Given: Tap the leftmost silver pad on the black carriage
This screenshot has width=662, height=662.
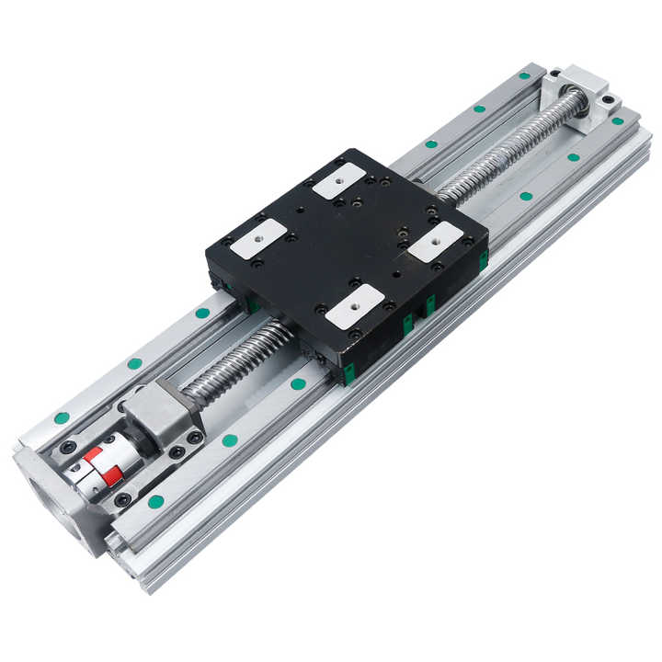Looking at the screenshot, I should click(253, 238).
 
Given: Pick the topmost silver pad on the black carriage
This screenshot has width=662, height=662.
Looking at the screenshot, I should click(337, 178).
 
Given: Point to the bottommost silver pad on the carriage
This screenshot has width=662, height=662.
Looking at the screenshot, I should click(352, 307).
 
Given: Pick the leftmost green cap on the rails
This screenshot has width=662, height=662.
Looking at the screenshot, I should click(62, 417).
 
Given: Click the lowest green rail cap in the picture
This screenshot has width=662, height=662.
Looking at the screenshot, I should click(156, 501).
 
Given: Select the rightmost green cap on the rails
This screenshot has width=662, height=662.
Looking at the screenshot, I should click(618, 120).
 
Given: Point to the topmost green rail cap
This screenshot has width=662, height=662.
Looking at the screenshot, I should click(527, 74).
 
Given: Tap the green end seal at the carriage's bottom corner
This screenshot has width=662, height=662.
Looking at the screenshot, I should click(349, 371).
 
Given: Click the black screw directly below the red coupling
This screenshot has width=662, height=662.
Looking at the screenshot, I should click(123, 499).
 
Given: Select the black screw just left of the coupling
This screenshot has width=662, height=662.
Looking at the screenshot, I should click(67, 448).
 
